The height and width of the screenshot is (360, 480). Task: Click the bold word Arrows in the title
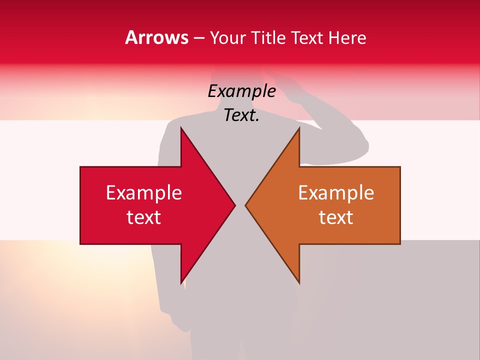pyautogui.click(x=157, y=37)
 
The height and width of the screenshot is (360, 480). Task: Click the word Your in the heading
pyautogui.click(x=227, y=38)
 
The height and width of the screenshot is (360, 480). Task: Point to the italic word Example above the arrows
pyautogui.click(x=241, y=91)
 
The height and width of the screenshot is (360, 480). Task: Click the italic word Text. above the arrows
pyautogui.click(x=241, y=115)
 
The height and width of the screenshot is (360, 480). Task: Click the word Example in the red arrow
pyautogui.click(x=144, y=192)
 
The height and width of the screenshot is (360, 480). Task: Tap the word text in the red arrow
pyautogui.click(x=144, y=217)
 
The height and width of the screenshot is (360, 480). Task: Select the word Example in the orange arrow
pyautogui.click(x=336, y=192)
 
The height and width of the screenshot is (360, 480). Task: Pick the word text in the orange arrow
pyautogui.click(x=336, y=217)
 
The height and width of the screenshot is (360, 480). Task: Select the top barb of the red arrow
pyautogui.click(x=182, y=131)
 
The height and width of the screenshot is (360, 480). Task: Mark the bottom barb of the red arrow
pyautogui.click(x=182, y=280)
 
